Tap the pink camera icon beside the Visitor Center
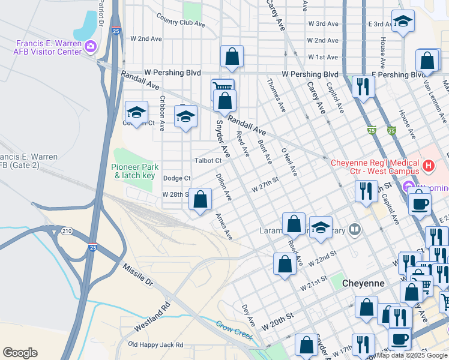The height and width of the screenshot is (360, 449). coord(91,46)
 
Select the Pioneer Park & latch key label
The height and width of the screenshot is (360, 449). coord(133,171)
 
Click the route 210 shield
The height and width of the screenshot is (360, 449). coord(66,231)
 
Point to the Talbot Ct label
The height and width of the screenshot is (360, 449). coord(208,160)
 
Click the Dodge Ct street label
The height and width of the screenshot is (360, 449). coord(176,178)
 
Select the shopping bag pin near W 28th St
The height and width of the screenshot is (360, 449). coord(200,199)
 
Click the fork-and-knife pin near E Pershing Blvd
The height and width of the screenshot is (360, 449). coord(362,86)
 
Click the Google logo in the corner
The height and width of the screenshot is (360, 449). coord(20,353)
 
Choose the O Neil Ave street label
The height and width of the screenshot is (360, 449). coord(289,162)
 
